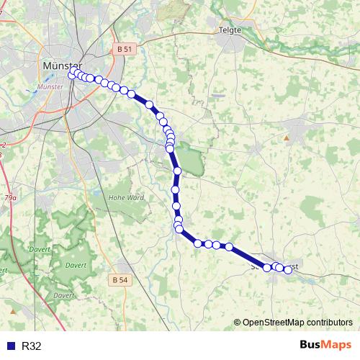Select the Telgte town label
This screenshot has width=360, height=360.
click(231, 30)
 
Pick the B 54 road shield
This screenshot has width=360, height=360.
click(120, 279)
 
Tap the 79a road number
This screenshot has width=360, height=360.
click(10, 197)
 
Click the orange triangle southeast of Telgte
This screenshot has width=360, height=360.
click(286, 137)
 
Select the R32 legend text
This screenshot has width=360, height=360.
click(32, 346)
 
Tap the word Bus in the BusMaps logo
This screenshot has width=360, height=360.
click(312, 346)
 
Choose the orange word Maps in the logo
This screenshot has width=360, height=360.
click(338, 346)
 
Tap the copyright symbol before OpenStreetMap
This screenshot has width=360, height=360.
click(238, 323)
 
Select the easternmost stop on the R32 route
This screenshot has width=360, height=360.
click(288, 270)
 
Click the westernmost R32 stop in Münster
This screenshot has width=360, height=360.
click(71, 75)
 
